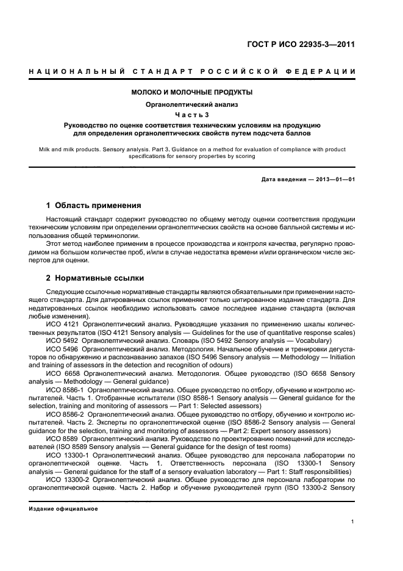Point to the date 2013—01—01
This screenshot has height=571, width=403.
(334, 179)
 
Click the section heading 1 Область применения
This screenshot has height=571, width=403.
(94, 206)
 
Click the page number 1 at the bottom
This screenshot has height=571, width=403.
(353, 521)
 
